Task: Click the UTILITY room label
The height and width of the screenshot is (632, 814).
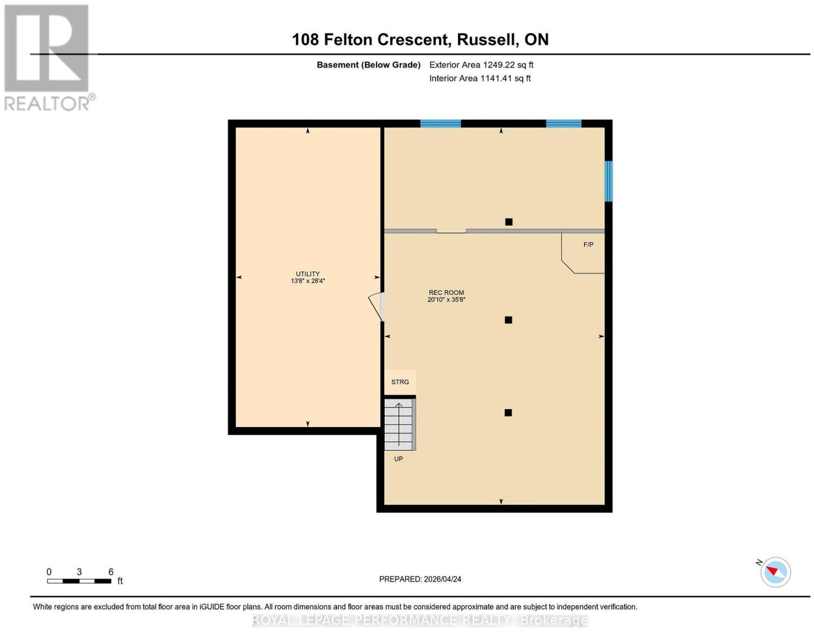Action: (308, 274)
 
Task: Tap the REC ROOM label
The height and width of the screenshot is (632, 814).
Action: (446, 292)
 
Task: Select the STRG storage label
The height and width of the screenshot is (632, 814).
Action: (400, 382)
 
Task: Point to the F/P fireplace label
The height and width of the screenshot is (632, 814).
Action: (588, 245)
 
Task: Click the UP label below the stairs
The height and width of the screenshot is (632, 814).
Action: (398, 459)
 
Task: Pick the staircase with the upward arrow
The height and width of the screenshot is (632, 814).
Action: (400, 424)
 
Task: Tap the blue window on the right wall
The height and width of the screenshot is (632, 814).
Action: (608, 181)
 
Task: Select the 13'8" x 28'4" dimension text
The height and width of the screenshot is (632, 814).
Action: (308, 281)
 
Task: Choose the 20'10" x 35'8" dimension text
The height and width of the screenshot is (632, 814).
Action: (446, 299)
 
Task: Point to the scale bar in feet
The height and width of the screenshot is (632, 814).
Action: (79, 581)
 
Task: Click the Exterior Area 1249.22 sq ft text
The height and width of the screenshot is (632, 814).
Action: (481, 65)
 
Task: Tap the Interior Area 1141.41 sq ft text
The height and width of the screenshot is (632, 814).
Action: (480, 78)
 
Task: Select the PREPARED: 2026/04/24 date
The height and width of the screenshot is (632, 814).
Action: (420, 579)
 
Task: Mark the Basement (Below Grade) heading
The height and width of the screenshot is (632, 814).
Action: (369, 65)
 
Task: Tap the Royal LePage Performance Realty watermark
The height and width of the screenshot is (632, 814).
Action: (420, 621)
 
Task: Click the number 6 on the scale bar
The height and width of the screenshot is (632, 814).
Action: (111, 571)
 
